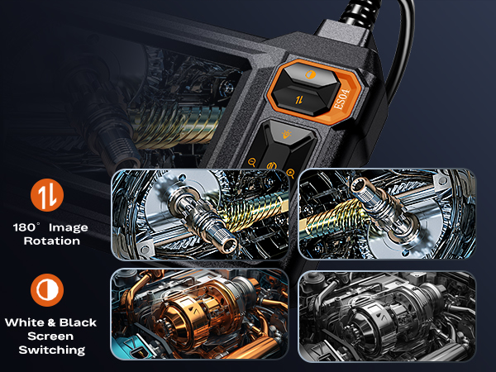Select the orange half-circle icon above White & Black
point(47,289)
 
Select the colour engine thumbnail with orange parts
point(199,312)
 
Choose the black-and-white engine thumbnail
point(386,312)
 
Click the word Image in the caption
point(69,227)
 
